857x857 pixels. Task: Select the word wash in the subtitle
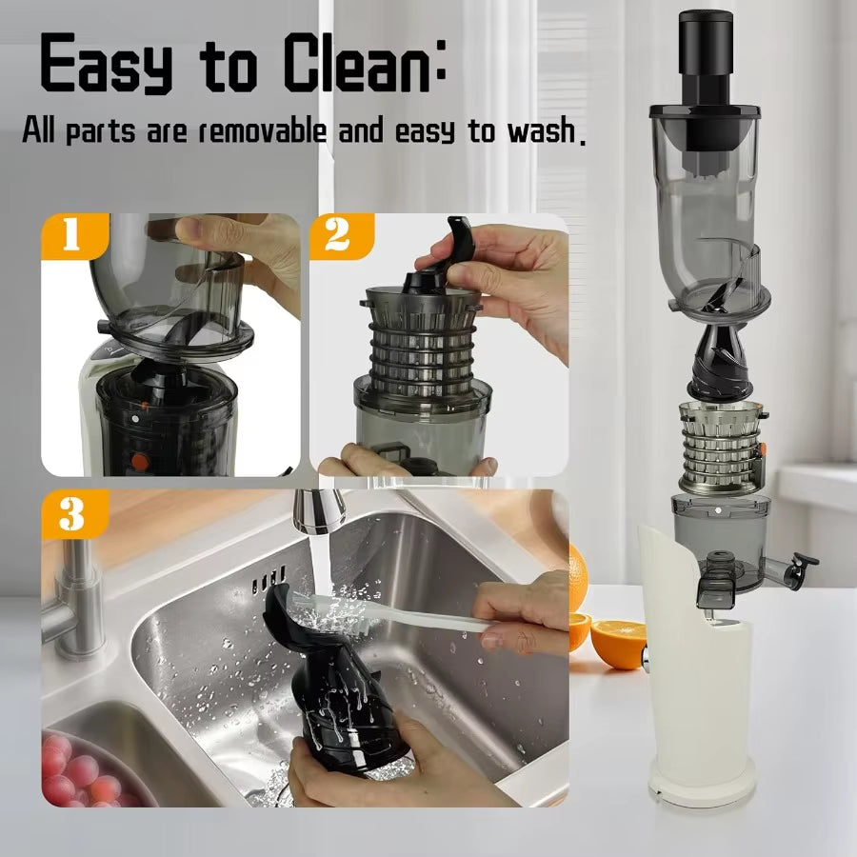(540, 130)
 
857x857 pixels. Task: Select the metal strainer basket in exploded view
(722, 446)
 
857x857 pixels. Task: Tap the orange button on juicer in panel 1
(140, 463)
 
